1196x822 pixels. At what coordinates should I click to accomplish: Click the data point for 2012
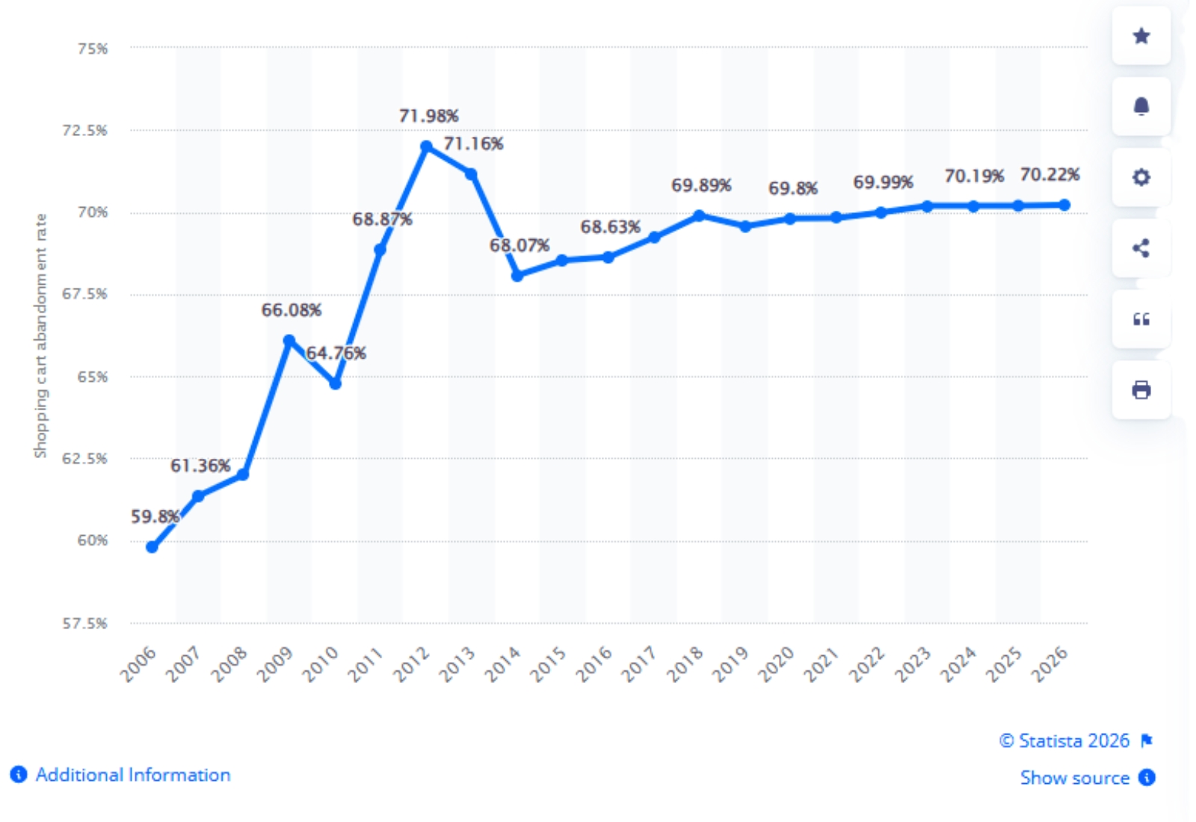(426, 146)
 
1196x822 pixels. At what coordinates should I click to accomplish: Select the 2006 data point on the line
(152, 547)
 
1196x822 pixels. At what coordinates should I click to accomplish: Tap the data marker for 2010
(336, 383)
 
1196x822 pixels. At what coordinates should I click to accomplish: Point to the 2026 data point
(1064, 205)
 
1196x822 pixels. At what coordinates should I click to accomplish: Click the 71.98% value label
(428, 116)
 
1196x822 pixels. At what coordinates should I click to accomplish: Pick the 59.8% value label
(155, 516)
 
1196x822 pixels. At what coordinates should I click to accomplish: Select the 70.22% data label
(1049, 175)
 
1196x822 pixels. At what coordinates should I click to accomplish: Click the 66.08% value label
(291, 310)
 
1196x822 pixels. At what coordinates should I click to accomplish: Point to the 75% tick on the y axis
(93, 49)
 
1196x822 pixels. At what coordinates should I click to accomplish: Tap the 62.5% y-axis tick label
(84, 458)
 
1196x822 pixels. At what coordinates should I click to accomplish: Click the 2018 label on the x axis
(685, 664)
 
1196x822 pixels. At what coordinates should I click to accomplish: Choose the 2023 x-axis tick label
(913, 664)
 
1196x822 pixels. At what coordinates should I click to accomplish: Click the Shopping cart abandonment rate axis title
(40, 336)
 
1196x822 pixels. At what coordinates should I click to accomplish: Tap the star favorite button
(1141, 36)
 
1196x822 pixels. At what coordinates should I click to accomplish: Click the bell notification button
(1141, 107)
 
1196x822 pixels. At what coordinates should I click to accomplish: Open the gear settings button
(1141, 177)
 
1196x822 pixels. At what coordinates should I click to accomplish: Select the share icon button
(1141, 248)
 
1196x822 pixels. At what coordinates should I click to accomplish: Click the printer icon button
(1141, 390)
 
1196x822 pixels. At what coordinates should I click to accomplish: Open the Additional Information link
(132, 775)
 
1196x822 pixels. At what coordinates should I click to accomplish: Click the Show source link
(1075, 778)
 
